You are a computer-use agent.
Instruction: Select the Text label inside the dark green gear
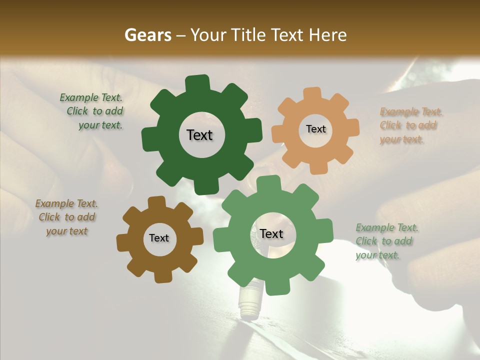point(199,135)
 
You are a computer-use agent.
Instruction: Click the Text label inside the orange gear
point(315,129)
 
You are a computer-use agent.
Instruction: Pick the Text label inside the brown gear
point(159,238)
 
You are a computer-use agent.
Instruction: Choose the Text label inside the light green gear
point(271,233)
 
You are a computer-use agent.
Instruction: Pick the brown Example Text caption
point(66,217)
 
